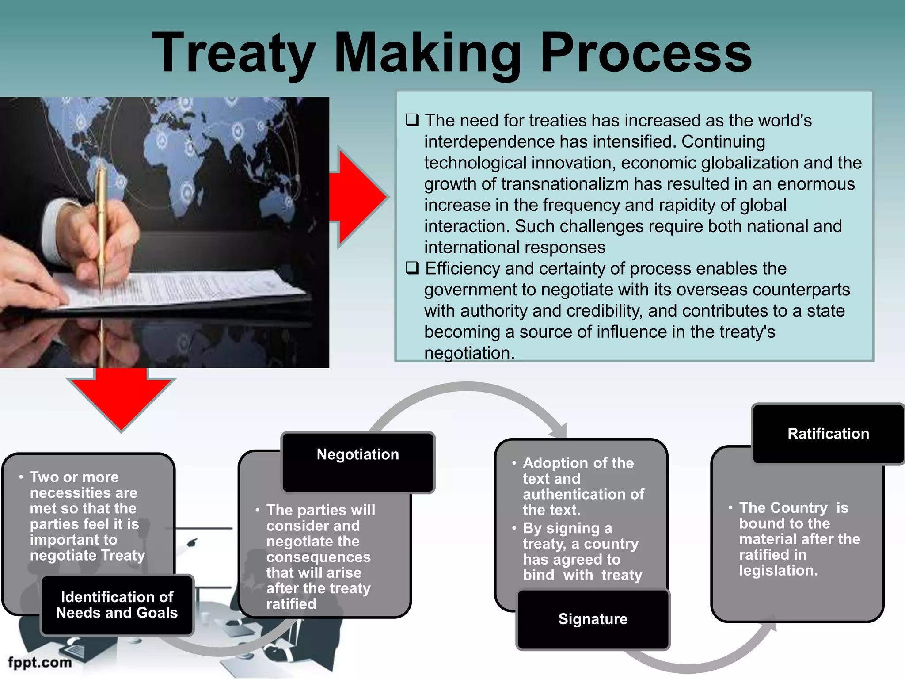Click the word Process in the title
point(646,53)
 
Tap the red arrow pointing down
point(121,400)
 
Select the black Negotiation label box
point(358,462)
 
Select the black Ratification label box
point(828,434)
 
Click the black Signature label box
point(593,619)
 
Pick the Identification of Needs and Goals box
point(117,605)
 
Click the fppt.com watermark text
point(40,662)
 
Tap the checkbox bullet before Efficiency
point(412,268)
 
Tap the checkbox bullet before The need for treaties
point(412,120)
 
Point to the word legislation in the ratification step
point(778,570)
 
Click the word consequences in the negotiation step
point(318,557)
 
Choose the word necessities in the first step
point(84,492)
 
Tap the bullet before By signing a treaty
point(514,528)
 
